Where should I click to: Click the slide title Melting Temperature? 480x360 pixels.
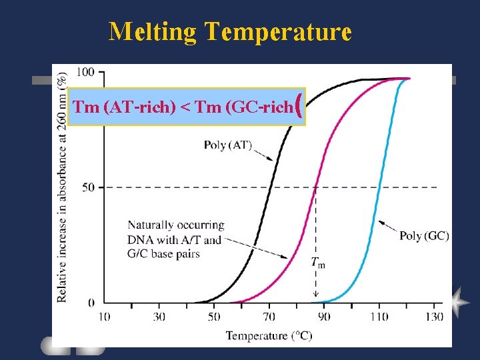(x=230, y=31)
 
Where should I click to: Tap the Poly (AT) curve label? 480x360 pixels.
(x=228, y=145)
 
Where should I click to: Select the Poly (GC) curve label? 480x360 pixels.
(x=424, y=235)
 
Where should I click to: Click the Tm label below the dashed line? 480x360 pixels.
(x=318, y=262)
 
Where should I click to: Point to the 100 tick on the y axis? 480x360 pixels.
(x=85, y=71)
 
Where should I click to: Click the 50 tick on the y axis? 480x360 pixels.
(x=87, y=187)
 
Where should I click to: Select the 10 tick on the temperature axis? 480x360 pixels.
(x=105, y=316)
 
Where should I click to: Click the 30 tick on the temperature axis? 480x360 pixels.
(x=159, y=316)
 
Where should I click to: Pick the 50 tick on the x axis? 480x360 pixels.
(x=214, y=316)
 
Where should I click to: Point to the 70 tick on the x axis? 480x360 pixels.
(x=269, y=316)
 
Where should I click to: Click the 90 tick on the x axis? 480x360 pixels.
(x=324, y=316)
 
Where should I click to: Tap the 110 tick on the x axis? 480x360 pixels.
(x=379, y=316)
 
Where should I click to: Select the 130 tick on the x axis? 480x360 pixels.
(x=434, y=316)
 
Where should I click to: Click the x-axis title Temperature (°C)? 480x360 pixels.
(x=269, y=335)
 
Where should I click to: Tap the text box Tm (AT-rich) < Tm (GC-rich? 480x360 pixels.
(x=187, y=107)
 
